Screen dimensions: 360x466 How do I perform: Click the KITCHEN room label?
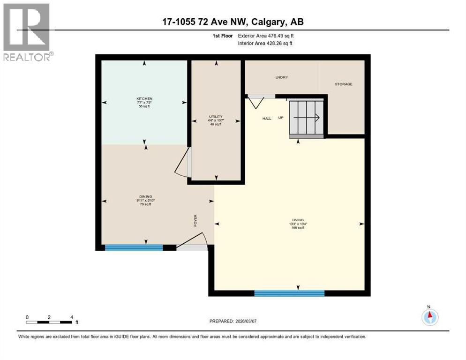[144, 99]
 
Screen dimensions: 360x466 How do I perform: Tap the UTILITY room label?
[216, 117]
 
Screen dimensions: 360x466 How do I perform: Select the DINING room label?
[145, 196]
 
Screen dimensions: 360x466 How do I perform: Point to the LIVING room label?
[298, 220]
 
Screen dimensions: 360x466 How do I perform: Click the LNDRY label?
[281, 77]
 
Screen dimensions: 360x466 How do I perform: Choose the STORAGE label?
[343, 84]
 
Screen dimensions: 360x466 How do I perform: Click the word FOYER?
[195, 220]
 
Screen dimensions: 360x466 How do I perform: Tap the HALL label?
[266, 119]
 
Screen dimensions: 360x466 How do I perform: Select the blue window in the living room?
[289, 293]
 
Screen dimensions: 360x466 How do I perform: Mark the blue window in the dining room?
[134, 247]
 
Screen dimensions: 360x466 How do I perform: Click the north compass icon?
[429, 317]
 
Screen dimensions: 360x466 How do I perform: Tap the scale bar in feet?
[49, 322]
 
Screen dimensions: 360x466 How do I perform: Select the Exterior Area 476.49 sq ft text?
[266, 36]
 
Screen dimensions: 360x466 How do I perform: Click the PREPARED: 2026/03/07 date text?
[234, 321]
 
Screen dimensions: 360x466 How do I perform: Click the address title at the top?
[233, 22]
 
